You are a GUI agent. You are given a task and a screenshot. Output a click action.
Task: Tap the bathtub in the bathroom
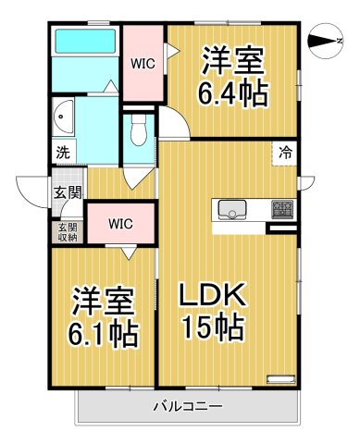pos(84,43)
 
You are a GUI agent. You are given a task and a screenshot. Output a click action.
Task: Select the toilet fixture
pos(139,132)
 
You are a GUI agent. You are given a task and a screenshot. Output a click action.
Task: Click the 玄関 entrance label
pos(65,192)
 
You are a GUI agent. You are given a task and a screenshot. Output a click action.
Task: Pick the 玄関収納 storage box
pos(68,231)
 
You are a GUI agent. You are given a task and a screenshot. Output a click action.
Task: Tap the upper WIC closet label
pos(143,64)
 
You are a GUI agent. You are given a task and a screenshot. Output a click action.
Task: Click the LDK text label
pos(211,298)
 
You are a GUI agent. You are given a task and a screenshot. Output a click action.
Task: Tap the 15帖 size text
pos(211,327)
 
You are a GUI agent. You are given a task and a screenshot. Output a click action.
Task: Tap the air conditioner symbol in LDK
pos(279,377)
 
